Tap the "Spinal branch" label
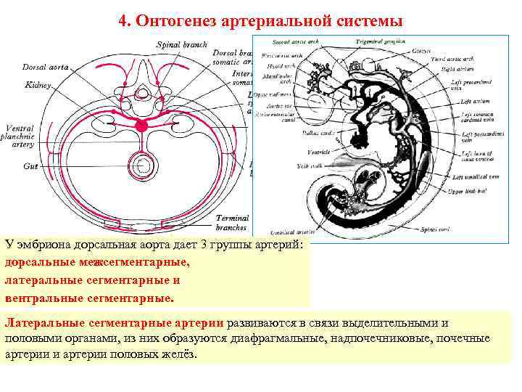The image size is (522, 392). pos(181,45)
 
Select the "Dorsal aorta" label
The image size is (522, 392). pos(45,67)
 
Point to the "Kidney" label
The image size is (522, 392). pos(38,85)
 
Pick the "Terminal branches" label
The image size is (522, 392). pos(232,222)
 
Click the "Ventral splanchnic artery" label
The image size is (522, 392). pos(19,136)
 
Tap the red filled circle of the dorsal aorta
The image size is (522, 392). pos(142,126)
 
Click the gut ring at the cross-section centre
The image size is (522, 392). pos(143,167)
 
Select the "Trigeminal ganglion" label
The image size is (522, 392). pos(376,42)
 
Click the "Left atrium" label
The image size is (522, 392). pos(476,102)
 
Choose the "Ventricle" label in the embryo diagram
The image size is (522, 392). pos(318,152)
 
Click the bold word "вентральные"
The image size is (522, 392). pos(44,298)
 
